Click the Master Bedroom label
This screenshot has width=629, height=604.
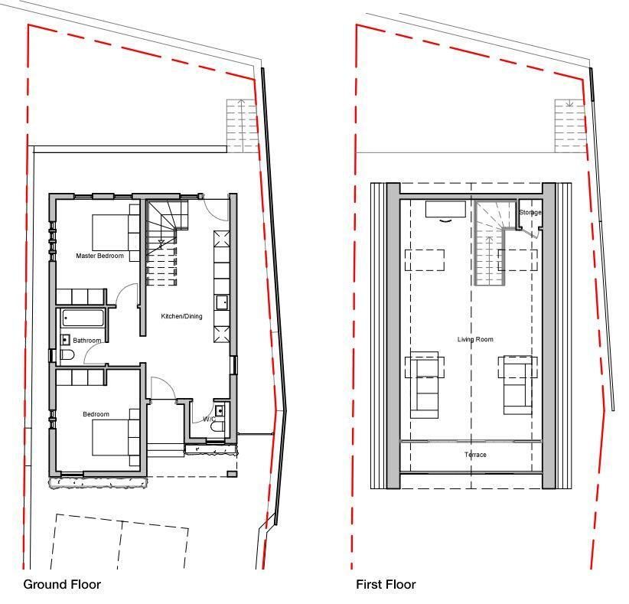100,256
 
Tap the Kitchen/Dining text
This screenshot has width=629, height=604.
181,316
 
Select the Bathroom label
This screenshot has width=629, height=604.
87,341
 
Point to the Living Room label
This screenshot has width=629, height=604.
475,339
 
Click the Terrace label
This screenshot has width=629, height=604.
475,455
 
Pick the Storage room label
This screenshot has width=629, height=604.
530,212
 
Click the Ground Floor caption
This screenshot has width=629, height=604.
62,584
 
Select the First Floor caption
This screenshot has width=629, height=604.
386,584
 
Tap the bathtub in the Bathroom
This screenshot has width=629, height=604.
83,318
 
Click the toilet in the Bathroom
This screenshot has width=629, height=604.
67,354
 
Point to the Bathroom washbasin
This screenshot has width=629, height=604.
66,340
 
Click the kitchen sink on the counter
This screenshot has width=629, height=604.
222,302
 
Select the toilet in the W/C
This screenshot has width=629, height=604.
219,426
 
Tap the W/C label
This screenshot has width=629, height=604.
209,419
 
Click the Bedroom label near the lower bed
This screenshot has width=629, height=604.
96,414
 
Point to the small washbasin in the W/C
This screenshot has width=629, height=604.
220,411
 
